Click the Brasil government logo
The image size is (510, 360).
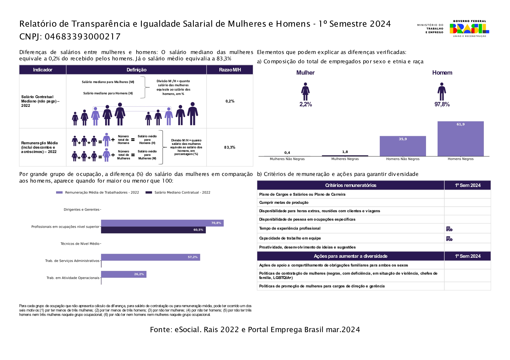tap(469, 28)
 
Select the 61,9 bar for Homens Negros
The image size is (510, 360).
tap(460, 139)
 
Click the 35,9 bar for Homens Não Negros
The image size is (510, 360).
tap(402, 146)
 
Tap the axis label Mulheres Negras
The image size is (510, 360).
tap(345, 159)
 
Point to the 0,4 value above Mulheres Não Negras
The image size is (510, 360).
tap(287, 153)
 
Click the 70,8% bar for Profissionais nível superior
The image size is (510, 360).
tap(162, 223)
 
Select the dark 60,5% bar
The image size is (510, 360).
tap(153, 230)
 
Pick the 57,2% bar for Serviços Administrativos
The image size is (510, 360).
tap(150, 257)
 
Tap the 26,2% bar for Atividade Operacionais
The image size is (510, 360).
tap(124, 274)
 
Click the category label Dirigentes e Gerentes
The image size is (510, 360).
tap(81, 210)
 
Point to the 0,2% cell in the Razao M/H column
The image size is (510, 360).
tap(230, 101)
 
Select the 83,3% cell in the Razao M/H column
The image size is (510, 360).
tap(230, 147)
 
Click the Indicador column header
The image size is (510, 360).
tap(43, 70)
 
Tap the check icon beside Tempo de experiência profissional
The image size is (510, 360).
tap(449, 229)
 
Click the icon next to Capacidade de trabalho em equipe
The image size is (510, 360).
tap(449, 239)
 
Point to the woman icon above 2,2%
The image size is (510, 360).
tap(305, 92)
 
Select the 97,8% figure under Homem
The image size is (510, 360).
tap(442, 105)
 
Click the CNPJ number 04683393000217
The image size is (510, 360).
tap(83, 37)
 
